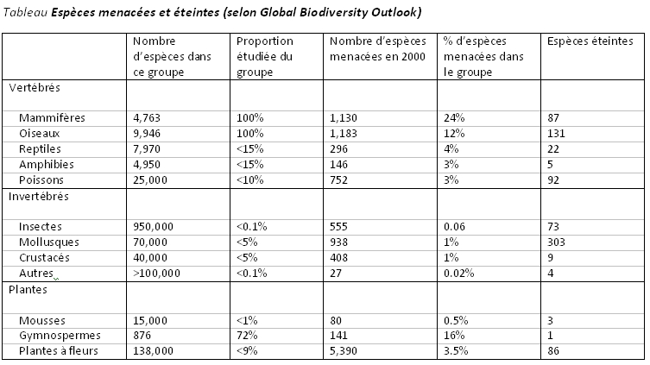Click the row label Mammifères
click(x=52, y=118)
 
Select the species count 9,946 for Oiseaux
click(x=147, y=134)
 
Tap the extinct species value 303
click(x=556, y=242)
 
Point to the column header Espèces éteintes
click(x=590, y=41)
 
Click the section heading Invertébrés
click(x=39, y=197)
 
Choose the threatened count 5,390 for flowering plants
click(x=344, y=351)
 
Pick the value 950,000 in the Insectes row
click(x=154, y=227)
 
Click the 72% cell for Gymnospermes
click(x=247, y=335)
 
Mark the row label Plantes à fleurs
click(x=59, y=351)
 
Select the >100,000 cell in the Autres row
click(x=157, y=274)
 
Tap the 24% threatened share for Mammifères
click(x=454, y=118)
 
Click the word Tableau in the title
click(x=25, y=12)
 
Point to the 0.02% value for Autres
click(x=458, y=274)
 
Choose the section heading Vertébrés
click(x=35, y=88)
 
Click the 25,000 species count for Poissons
click(x=150, y=180)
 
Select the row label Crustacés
click(x=44, y=258)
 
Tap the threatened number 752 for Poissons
click(x=338, y=180)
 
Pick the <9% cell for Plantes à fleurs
click(x=247, y=351)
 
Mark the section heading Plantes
click(x=28, y=290)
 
